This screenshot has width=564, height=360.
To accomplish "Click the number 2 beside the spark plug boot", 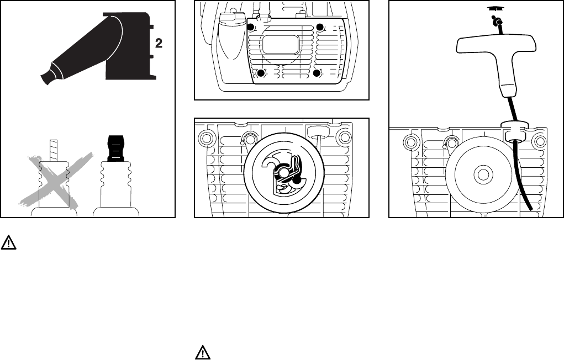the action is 159,44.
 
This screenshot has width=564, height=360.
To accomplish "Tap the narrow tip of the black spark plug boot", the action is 48,77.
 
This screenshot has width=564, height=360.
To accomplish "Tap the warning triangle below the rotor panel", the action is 203,352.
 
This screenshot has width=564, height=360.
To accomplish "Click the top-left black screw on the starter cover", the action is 251,28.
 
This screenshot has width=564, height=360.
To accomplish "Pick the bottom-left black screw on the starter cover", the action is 262,72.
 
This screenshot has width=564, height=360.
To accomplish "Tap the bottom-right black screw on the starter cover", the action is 317,72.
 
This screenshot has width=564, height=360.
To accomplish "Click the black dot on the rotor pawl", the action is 297,180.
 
